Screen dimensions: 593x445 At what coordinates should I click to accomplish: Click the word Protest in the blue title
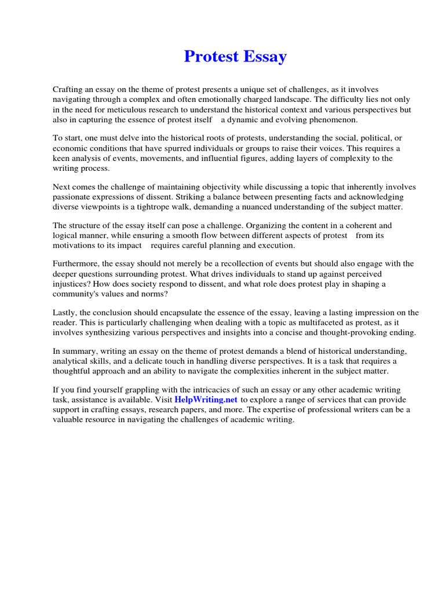coord(210,57)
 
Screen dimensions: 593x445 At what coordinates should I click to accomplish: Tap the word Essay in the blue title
coord(263,57)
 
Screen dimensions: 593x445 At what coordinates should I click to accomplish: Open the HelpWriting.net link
coord(206,400)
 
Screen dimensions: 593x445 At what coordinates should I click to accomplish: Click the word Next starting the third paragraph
coord(61,187)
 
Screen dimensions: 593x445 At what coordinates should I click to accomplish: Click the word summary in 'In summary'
coord(79,352)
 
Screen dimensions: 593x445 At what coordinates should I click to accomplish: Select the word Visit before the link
coord(161,400)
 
